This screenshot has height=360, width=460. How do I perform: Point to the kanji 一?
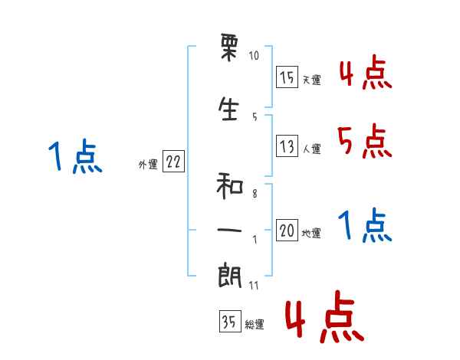pos(230,230)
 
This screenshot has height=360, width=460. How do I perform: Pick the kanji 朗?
pos(230,275)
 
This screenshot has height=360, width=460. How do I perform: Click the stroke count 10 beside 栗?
pos(255,56)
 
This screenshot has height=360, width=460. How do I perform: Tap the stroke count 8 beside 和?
pos(255,194)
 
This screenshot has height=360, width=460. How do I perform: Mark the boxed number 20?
pos(287,231)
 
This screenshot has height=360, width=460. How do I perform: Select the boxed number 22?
pos(173,163)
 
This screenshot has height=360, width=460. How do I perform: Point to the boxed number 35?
pos(229,322)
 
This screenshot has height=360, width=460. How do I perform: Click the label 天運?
pos(311,80)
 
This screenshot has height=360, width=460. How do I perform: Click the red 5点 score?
pos(364,142)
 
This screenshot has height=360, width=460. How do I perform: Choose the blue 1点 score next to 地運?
pos(365,227)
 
